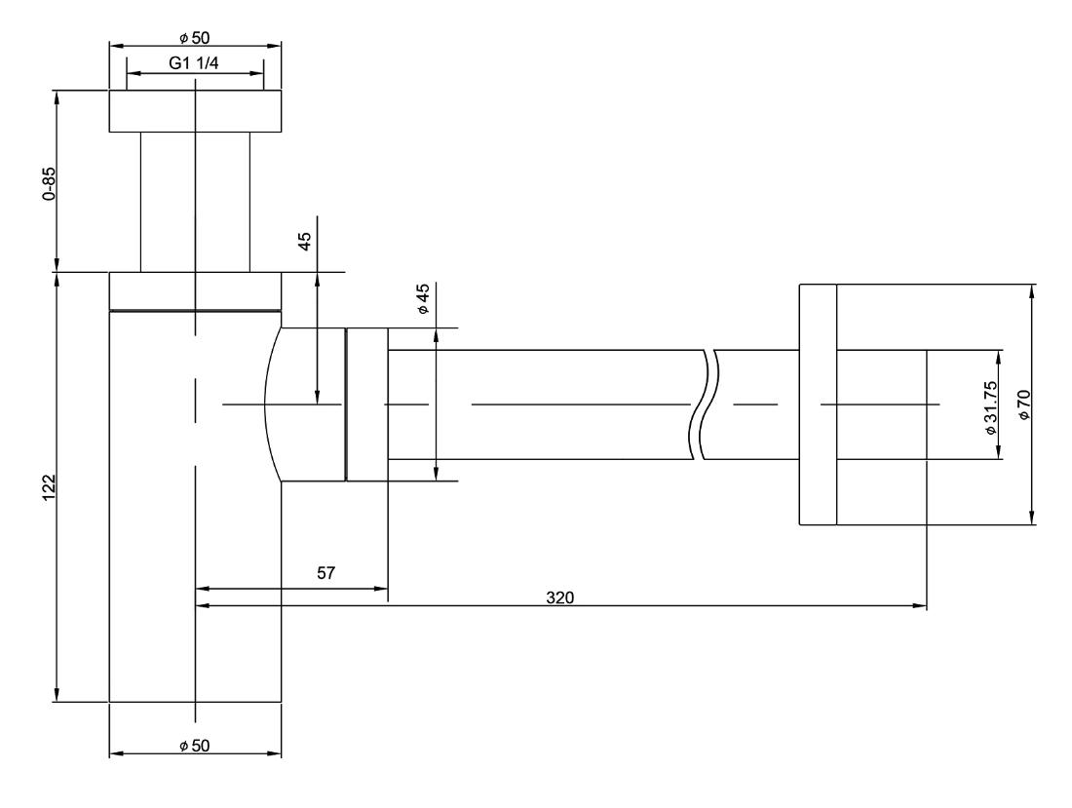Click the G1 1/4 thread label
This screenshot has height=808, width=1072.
(194, 63)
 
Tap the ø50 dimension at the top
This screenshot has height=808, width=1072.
(195, 38)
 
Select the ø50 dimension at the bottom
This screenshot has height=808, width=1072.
(195, 746)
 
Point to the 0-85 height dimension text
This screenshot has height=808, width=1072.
(49, 183)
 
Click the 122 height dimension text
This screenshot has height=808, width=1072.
(49, 487)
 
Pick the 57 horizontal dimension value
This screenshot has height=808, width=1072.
(326, 573)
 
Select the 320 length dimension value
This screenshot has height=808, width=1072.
(560, 598)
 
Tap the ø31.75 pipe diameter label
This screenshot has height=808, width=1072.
(991, 407)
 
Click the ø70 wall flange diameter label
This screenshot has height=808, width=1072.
(1023, 404)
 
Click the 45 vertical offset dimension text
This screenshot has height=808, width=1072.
(305, 242)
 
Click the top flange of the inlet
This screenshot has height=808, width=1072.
(196, 111)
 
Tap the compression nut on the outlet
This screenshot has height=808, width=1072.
(367, 404)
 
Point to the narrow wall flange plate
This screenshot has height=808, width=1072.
(818, 404)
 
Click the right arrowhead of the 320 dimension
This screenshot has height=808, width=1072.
(922, 605)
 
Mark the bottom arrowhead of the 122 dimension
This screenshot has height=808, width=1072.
(57, 695)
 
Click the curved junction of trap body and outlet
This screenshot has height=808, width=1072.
(272, 404)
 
